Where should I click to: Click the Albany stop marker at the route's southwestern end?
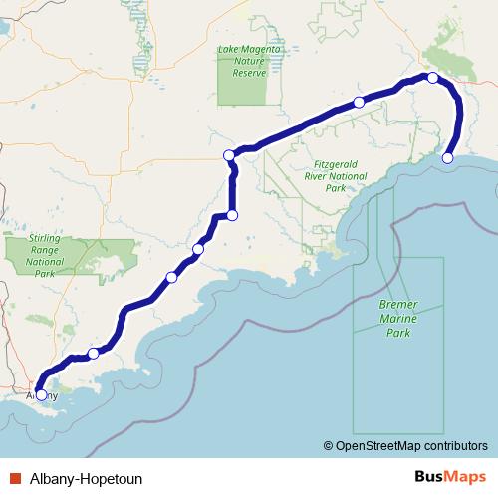point(42,393)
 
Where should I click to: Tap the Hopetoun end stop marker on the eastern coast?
point(447,157)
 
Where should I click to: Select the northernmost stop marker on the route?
point(432,77)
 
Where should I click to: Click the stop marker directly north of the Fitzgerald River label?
point(359,102)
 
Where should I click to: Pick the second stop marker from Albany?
point(94,353)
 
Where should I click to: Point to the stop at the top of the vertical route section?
point(229,154)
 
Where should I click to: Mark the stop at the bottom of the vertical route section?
point(232,215)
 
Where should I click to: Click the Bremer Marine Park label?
point(397,318)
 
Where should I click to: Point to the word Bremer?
point(397,304)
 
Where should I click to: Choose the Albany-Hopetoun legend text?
point(86,478)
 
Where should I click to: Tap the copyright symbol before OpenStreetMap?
point(328,445)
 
